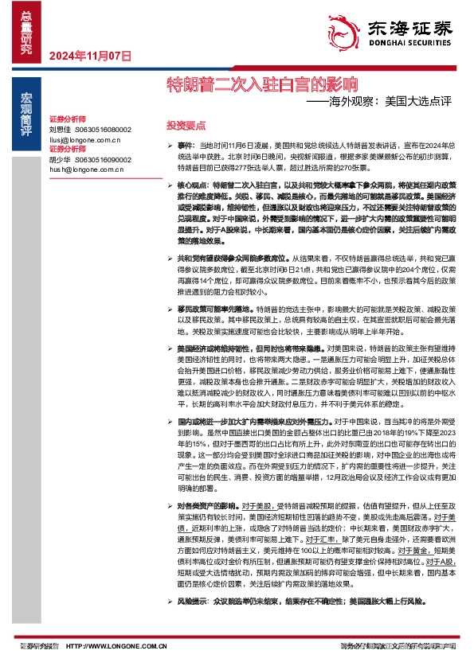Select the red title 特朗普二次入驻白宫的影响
(261, 82)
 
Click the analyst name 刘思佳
(60, 129)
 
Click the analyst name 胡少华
(60, 158)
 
